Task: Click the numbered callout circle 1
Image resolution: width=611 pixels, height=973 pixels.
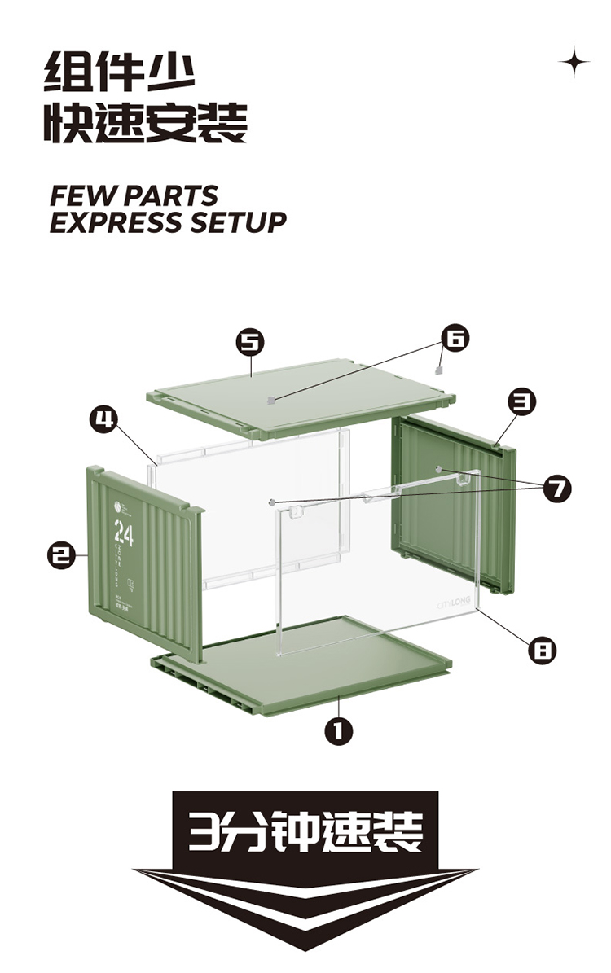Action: (339, 731)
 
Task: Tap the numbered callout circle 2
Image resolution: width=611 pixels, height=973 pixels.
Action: (59, 557)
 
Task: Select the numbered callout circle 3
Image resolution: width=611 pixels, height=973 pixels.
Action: (521, 401)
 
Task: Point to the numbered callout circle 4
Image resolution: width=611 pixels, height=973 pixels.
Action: (102, 419)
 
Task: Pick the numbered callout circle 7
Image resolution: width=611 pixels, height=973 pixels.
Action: (558, 489)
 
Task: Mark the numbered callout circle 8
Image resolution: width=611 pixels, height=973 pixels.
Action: (542, 650)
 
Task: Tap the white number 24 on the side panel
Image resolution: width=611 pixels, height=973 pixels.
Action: (124, 535)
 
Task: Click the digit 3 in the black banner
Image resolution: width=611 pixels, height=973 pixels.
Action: (198, 831)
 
